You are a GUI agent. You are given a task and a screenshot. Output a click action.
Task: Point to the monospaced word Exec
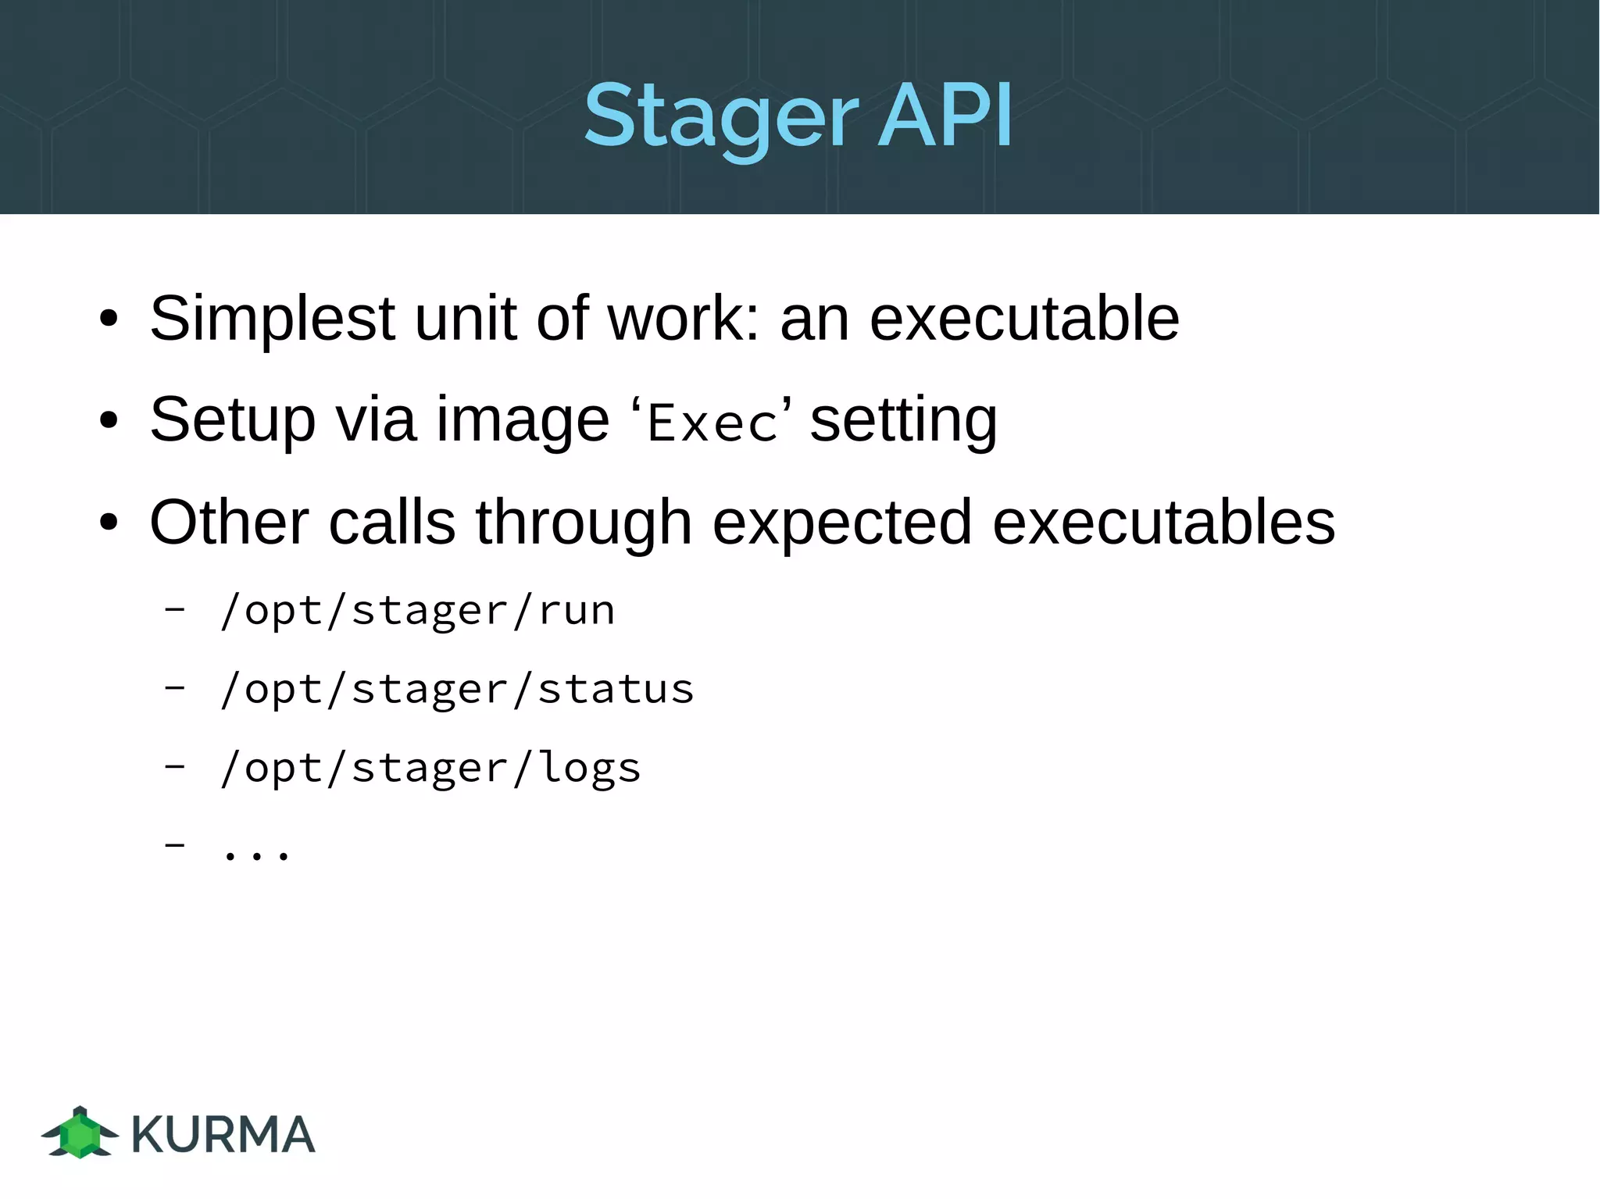(712, 424)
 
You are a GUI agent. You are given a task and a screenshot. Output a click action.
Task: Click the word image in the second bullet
(522, 420)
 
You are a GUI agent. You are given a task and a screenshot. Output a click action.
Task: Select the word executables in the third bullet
(1163, 522)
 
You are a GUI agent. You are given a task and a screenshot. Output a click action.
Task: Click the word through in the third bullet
(584, 522)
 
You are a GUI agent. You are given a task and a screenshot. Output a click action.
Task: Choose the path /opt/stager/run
(418, 610)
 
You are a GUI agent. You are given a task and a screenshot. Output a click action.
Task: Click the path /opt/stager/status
(457, 689)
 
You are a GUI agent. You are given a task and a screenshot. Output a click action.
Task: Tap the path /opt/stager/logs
(430, 768)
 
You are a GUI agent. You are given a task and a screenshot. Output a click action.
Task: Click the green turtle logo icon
(80, 1132)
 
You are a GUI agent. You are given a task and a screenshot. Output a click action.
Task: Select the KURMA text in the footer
(223, 1134)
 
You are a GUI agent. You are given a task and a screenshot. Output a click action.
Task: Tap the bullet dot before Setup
(109, 421)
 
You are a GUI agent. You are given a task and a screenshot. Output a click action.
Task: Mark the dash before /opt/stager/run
(175, 609)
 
